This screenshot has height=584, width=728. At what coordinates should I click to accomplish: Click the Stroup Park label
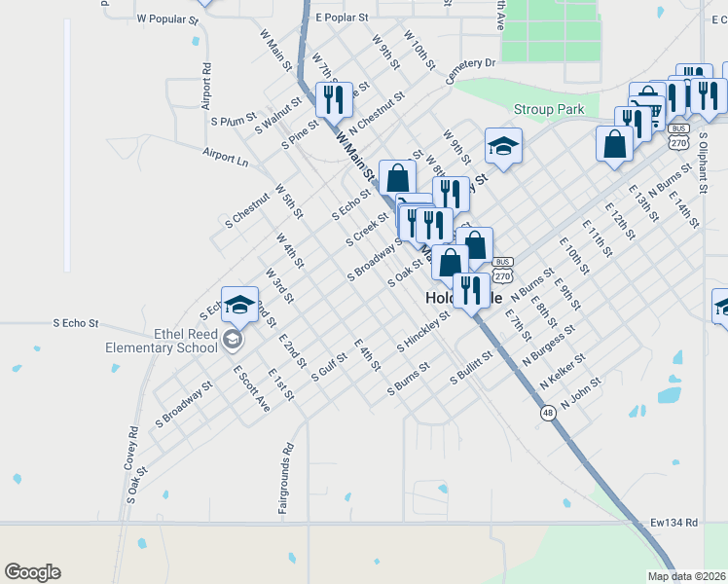[549, 110]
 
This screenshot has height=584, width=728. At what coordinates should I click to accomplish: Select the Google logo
[32, 572]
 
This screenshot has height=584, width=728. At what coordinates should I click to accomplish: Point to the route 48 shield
[549, 413]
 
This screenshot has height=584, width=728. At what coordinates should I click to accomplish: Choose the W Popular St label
[167, 18]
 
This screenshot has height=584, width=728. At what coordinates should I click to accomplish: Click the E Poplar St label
[342, 18]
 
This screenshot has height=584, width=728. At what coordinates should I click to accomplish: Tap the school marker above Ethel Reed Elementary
[239, 305]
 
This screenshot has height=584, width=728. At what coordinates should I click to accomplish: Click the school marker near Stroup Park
[503, 147]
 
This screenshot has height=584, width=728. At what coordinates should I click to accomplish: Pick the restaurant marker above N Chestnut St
[333, 99]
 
